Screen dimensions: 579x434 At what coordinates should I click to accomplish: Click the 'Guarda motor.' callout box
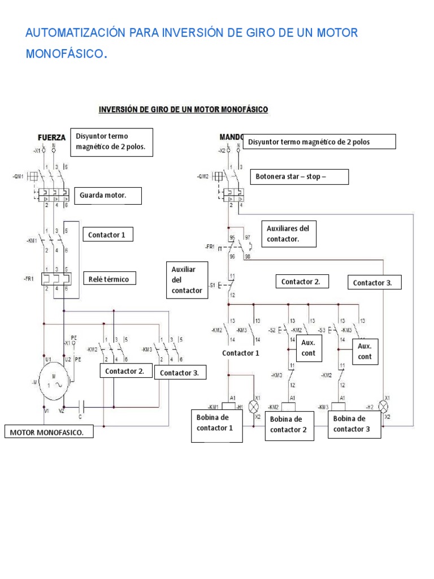pos(107,196)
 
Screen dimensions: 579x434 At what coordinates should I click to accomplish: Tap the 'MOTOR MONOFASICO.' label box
pos(49,433)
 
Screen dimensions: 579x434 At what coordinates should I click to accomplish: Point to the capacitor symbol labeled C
pos(82,407)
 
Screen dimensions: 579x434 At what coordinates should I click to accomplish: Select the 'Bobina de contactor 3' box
pos(354,424)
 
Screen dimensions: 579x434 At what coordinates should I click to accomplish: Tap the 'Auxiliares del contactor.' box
pos(291,234)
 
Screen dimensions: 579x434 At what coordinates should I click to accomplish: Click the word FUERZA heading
pos(51,137)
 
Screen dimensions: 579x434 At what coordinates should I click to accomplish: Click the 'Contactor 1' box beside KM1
pos(108,234)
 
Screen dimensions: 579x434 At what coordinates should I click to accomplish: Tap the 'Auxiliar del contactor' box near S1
pos(186,280)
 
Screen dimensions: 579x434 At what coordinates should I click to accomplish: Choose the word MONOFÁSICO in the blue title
pos(66,54)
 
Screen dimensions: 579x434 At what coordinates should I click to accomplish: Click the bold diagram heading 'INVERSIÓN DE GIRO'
pos(184,109)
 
